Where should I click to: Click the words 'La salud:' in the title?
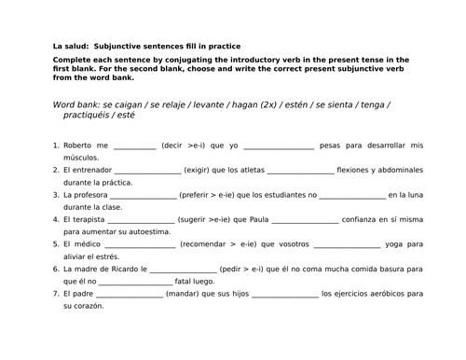point(69,47)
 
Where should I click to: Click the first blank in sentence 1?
point(134,147)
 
